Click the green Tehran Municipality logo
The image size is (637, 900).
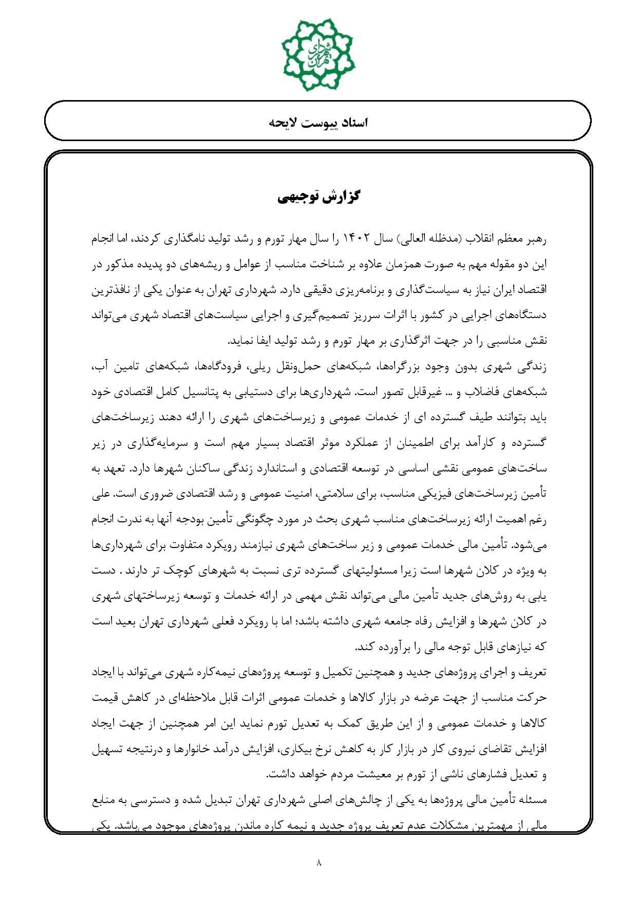pos(318,54)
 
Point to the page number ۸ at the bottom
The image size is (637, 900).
pos(318,863)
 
